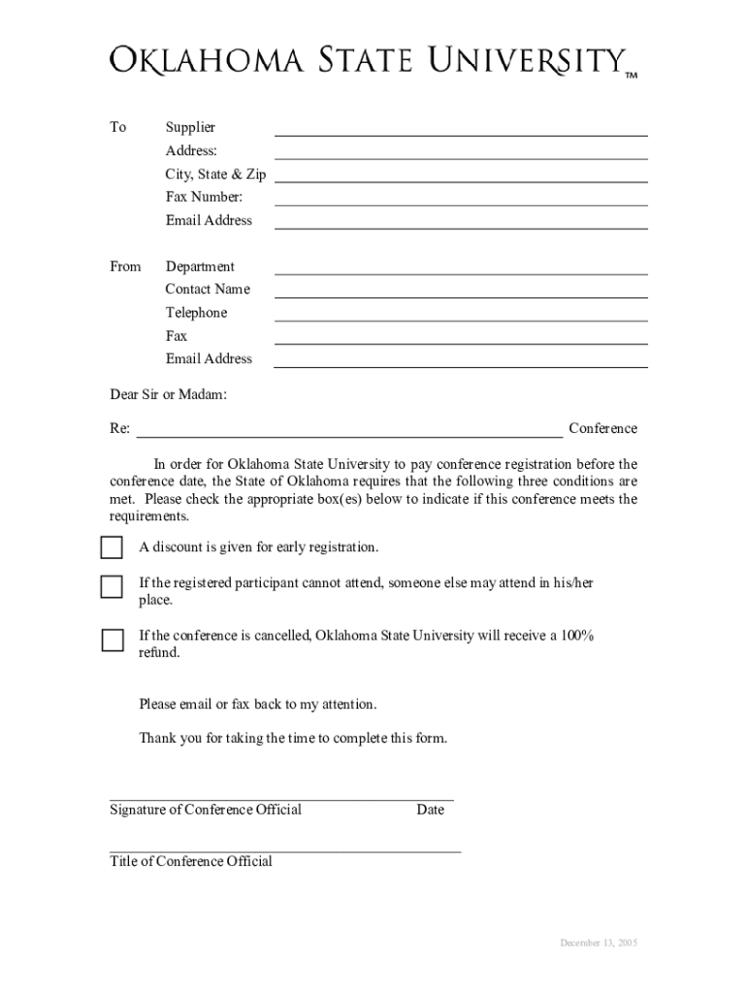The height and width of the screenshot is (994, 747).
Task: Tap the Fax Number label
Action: point(197,197)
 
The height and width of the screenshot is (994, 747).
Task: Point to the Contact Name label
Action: point(208,289)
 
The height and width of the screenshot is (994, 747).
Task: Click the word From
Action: point(125,267)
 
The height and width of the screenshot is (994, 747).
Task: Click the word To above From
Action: point(117,127)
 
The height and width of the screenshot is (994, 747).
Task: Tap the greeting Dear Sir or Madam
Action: point(169,395)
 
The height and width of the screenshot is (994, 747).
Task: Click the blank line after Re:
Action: point(349,434)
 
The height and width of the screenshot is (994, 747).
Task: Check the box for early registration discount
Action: point(113,547)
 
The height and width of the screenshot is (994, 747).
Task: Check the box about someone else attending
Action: point(113,586)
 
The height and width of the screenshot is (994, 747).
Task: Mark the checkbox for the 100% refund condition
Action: point(113,640)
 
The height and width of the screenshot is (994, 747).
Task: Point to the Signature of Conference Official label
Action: point(206,810)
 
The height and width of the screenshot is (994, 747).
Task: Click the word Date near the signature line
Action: point(431,810)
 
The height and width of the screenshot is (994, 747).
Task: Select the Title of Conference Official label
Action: point(191,862)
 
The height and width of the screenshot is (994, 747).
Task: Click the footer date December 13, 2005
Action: point(599,944)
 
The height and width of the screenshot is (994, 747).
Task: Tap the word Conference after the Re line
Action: point(603,429)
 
